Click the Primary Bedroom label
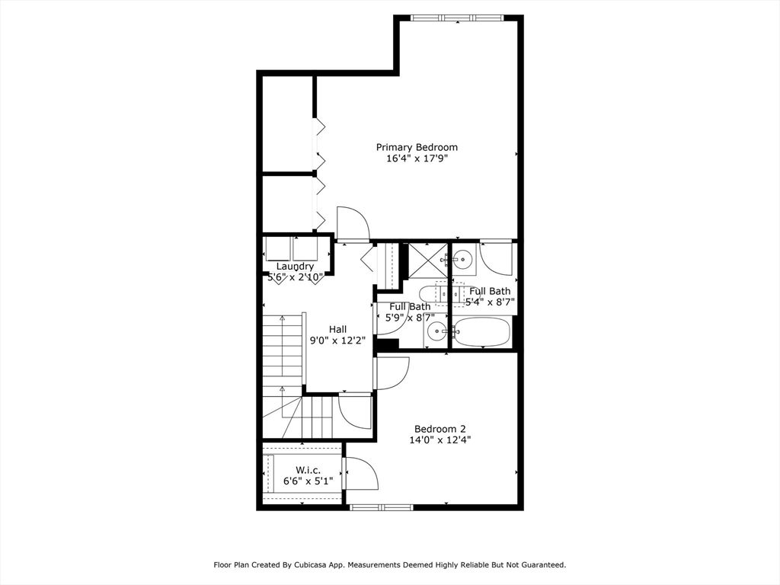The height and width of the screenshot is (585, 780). tap(417, 147)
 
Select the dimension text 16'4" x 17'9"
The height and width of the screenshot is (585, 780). tap(417, 159)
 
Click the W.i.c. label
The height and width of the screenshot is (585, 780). tap(307, 469)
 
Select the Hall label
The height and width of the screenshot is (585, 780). tap(337, 329)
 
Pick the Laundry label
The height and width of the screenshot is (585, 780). tap(295, 266)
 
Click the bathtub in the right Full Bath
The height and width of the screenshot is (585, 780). tap(481, 332)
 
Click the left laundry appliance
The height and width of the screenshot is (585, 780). tap(278, 249)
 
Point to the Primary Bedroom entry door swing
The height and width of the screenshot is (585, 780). tap(353, 223)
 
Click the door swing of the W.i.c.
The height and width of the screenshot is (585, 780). tap(361, 475)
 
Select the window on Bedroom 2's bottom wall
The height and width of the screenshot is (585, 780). tap(381, 507)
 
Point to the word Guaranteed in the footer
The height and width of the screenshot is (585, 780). tap(539, 565)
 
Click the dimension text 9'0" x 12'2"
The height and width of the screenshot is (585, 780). tap(337, 340)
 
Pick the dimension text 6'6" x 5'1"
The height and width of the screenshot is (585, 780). tap(307, 481)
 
